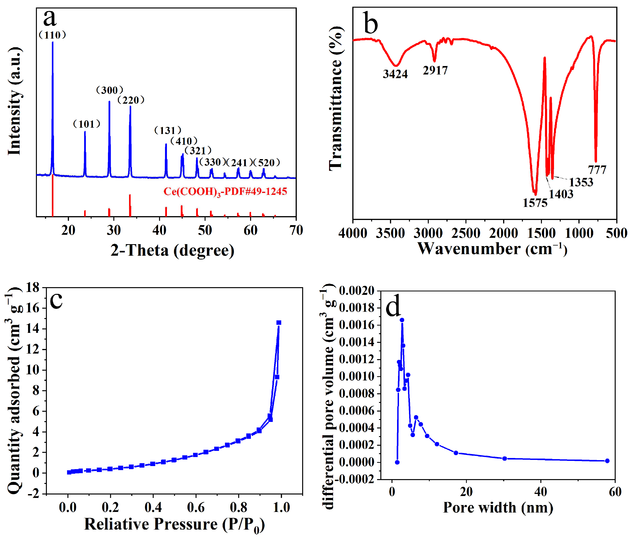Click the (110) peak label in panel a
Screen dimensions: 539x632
coord(52,35)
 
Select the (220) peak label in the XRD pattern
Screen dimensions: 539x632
coord(131,100)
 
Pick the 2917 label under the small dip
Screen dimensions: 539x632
coord(435,70)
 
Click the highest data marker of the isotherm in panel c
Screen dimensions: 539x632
coord(279,322)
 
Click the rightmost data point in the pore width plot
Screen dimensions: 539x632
coord(607,461)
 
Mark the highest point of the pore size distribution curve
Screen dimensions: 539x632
coord(402,320)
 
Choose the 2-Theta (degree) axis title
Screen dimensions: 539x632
coord(172,251)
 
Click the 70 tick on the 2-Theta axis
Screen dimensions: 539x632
coord(296,231)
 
